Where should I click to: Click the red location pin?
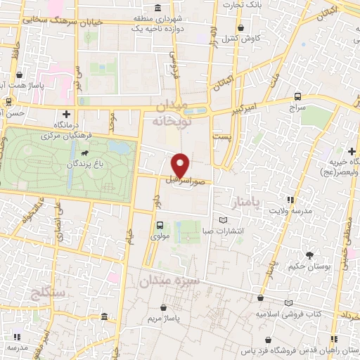(180, 165)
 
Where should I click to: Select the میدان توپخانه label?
(172, 112)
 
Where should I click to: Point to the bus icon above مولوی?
(160, 226)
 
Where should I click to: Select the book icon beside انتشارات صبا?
(224, 221)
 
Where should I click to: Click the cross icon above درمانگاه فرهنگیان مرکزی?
(67, 113)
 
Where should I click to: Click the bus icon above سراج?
(297, 96)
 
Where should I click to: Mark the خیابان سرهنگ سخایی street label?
(63, 22)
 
